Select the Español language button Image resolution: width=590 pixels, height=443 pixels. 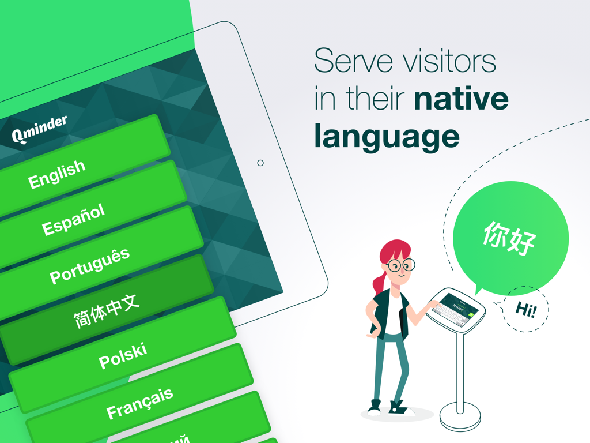(74, 220)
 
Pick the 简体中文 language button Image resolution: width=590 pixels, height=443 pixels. (107, 313)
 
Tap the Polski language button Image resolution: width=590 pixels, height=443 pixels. (123, 356)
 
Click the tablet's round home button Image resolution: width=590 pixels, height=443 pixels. (260, 163)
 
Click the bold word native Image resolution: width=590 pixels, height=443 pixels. (461, 99)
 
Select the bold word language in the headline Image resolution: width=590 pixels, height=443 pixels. (387, 137)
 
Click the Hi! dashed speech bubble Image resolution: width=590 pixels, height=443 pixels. (525, 310)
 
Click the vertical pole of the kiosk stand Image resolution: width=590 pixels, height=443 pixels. (460, 369)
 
